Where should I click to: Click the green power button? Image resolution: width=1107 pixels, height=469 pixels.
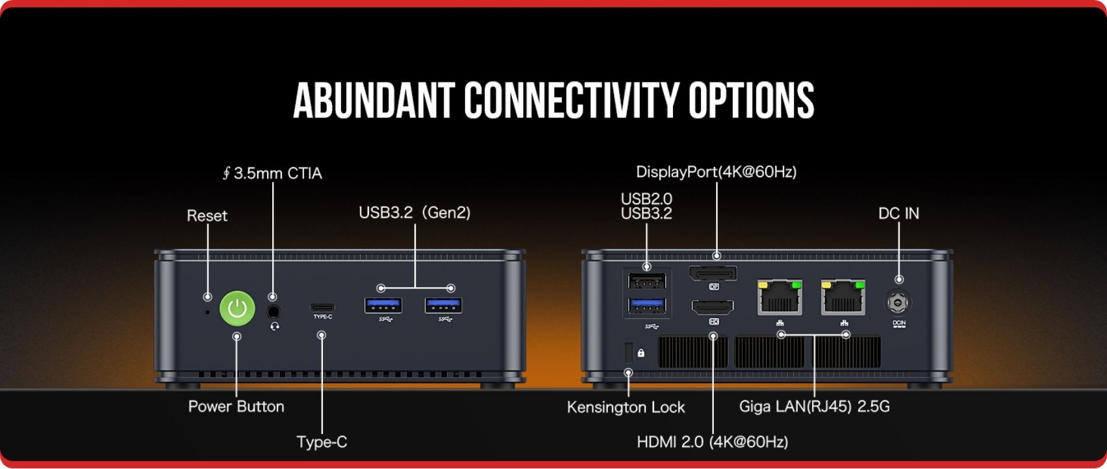pyautogui.click(x=237, y=307)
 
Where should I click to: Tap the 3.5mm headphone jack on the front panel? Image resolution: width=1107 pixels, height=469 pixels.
pyautogui.click(x=274, y=312)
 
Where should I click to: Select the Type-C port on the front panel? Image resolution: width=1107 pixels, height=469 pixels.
pyautogui.click(x=322, y=307)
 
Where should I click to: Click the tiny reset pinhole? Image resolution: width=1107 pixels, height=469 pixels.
pyautogui.click(x=207, y=312)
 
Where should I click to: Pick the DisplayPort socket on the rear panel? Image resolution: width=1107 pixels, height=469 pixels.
pyautogui.click(x=713, y=273)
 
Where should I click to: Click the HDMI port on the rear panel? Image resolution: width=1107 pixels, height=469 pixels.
pyautogui.click(x=713, y=307)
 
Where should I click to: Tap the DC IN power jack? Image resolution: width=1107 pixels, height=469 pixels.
pyautogui.click(x=899, y=303)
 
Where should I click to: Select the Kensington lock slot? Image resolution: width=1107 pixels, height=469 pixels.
pyautogui.click(x=628, y=352)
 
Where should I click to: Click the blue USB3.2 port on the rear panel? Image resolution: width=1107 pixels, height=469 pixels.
pyautogui.click(x=647, y=305)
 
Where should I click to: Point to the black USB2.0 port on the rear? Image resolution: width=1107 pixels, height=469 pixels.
pyautogui.click(x=647, y=281)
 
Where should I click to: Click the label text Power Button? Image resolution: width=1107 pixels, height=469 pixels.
pyautogui.click(x=236, y=407)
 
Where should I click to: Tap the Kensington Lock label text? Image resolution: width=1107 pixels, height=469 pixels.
pyautogui.click(x=626, y=407)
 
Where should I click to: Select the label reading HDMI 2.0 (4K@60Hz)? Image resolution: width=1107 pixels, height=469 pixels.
pyautogui.click(x=712, y=442)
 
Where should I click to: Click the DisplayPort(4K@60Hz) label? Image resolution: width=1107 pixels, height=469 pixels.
pyautogui.click(x=716, y=172)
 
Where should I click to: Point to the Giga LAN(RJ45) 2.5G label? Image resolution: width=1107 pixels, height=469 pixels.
pyautogui.click(x=814, y=407)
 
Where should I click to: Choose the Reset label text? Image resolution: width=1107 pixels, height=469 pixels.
pyautogui.click(x=207, y=216)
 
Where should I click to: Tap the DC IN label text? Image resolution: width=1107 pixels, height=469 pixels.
pyautogui.click(x=898, y=213)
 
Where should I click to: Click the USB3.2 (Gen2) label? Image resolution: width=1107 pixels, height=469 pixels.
pyautogui.click(x=414, y=212)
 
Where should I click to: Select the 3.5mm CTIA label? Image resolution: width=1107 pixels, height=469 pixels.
pyautogui.click(x=272, y=173)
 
